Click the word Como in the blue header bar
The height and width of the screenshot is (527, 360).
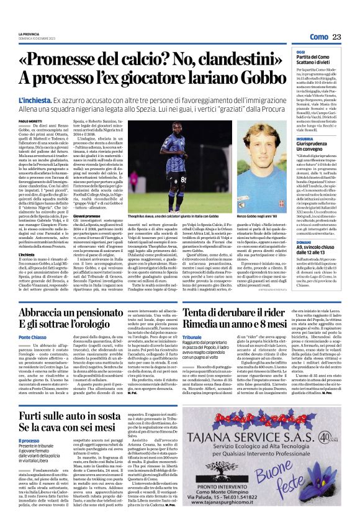coord(318,37)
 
